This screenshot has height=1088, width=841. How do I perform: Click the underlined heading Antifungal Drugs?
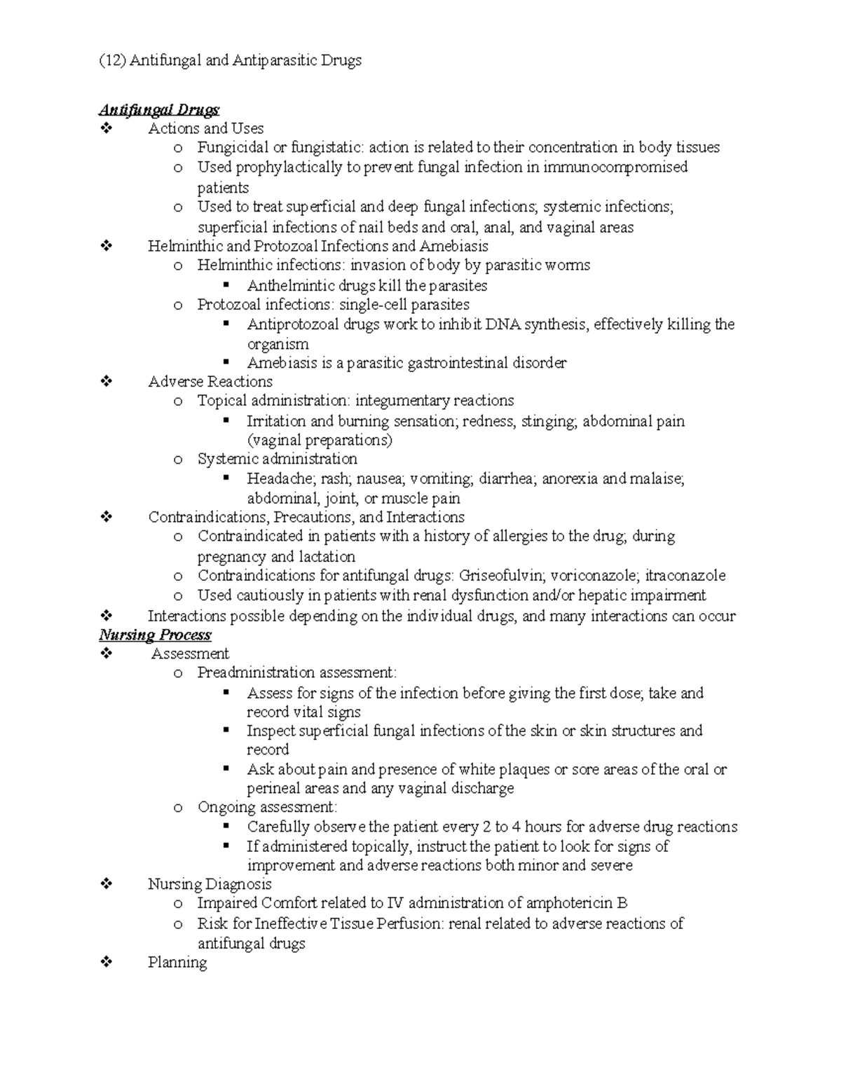coord(159,109)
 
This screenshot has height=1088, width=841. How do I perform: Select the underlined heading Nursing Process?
coord(155,635)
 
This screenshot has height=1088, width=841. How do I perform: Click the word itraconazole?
coord(685,576)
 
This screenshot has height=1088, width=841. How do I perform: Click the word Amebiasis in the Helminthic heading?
coord(454,246)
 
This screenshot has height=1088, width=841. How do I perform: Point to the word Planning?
coord(177,962)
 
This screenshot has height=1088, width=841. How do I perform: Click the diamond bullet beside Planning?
coord(107,963)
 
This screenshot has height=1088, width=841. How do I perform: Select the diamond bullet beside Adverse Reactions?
coord(107,382)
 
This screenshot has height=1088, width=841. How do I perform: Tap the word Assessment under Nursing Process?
coord(190,654)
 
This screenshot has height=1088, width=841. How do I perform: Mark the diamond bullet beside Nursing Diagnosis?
coord(107,884)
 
